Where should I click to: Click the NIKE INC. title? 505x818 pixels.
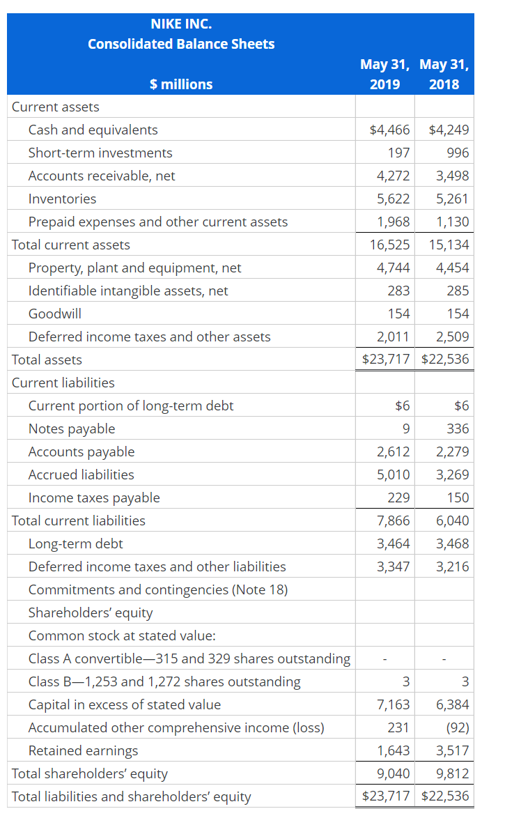tap(181, 24)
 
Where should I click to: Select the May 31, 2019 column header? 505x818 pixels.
tap(385, 75)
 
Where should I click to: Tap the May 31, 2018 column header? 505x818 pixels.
tap(444, 75)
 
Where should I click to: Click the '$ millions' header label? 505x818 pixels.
tap(181, 84)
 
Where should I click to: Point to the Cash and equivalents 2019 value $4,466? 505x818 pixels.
tap(389, 130)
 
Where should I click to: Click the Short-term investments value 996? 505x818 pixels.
tap(458, 153)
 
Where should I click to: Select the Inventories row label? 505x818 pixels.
tap(62, 199)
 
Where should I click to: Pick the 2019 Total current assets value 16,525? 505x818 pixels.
tap(389, 245)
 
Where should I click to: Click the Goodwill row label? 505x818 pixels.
tap(54, 314)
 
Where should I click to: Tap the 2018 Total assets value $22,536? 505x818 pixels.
tap(446, 360)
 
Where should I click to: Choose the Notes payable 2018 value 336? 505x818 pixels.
tap(458, 429)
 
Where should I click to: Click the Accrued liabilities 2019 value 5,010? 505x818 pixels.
tap(393, 474)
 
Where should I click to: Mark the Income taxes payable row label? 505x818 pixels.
tap(94, 497)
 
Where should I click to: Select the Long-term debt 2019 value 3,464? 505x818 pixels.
tap(393, 543)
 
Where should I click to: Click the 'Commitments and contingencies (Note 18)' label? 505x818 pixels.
tap(158, 589)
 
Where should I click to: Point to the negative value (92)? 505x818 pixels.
tap(456, 727)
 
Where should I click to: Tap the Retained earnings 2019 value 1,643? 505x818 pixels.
tap(393, 750)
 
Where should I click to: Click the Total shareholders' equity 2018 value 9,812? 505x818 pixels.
tap(452, 773)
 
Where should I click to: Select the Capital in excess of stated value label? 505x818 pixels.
tap(125, 704)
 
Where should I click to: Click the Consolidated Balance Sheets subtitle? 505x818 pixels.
tap(181, 44)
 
